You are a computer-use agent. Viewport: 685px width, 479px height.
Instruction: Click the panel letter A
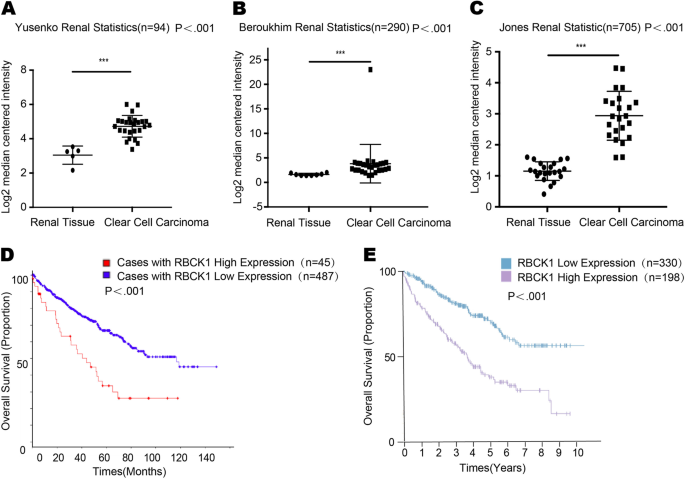coord(8,9)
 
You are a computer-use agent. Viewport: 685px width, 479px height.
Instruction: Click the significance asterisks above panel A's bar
coord(103,62)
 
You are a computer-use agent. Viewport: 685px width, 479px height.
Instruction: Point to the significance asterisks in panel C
coord(581,46)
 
